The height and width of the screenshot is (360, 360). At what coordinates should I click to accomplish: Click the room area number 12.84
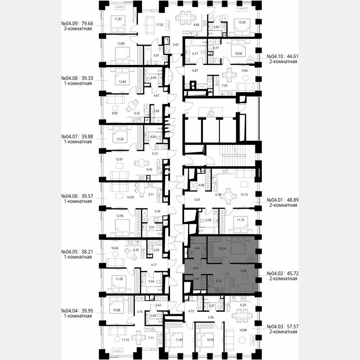click(x=122, y=81)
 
